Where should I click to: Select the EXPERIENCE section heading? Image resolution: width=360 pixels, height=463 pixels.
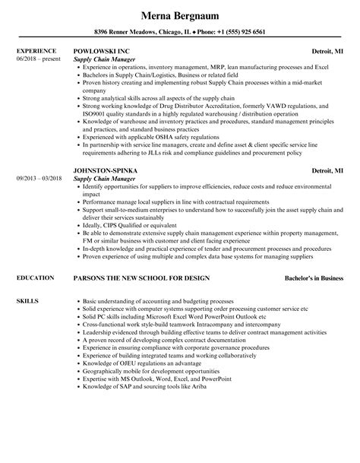36,51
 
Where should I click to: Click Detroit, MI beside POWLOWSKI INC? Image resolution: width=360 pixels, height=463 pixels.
327,51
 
